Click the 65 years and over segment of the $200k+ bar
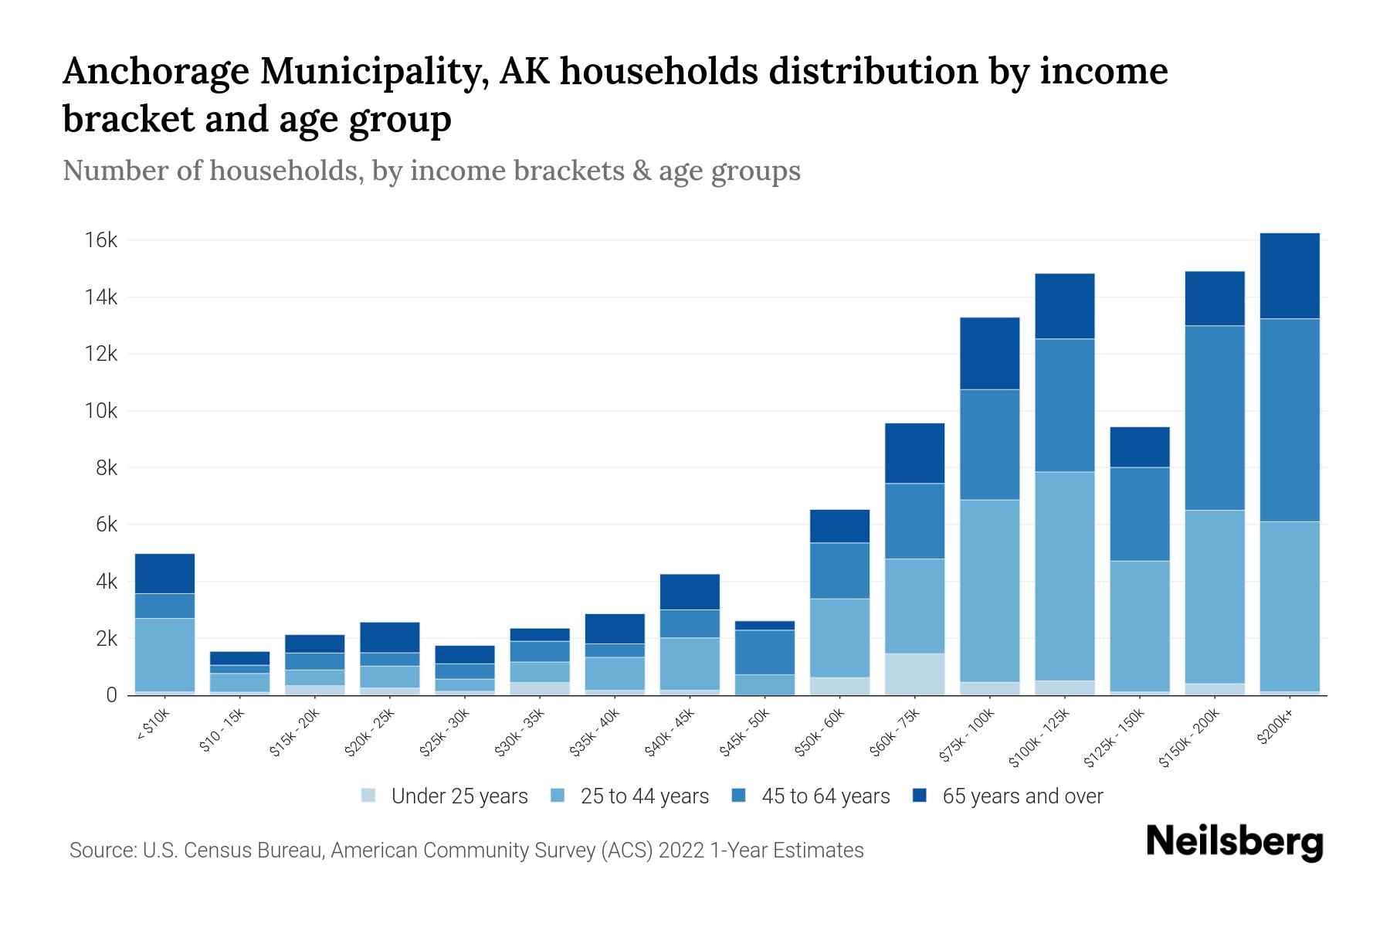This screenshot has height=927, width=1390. pyautogui.click(x=1290, y=276)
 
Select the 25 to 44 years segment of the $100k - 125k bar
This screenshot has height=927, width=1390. pyautogui.click(x=1065, y=576)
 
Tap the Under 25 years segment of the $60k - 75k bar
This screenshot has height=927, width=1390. pyautogui.click(x=915, y=674)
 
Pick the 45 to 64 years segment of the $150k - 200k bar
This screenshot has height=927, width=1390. pyautogui.click(x=1215, y=417)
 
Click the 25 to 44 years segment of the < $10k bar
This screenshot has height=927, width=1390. pyautogui.click(x=164, y=654)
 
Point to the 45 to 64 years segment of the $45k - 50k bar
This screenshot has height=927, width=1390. pyautogui.click(x=764, y=652)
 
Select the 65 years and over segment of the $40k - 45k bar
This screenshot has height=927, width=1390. pyautogui.click(x=690, y=592)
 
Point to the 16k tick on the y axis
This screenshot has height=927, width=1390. pyautogui.click(x=101, y=240)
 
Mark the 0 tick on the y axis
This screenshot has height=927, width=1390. pyautogui.click(x=112, y=695)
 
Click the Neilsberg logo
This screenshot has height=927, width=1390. pyautogui.click(x=1234, y=843)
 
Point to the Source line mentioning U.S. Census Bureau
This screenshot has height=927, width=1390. pyautogui.click(x=466, y=851)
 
